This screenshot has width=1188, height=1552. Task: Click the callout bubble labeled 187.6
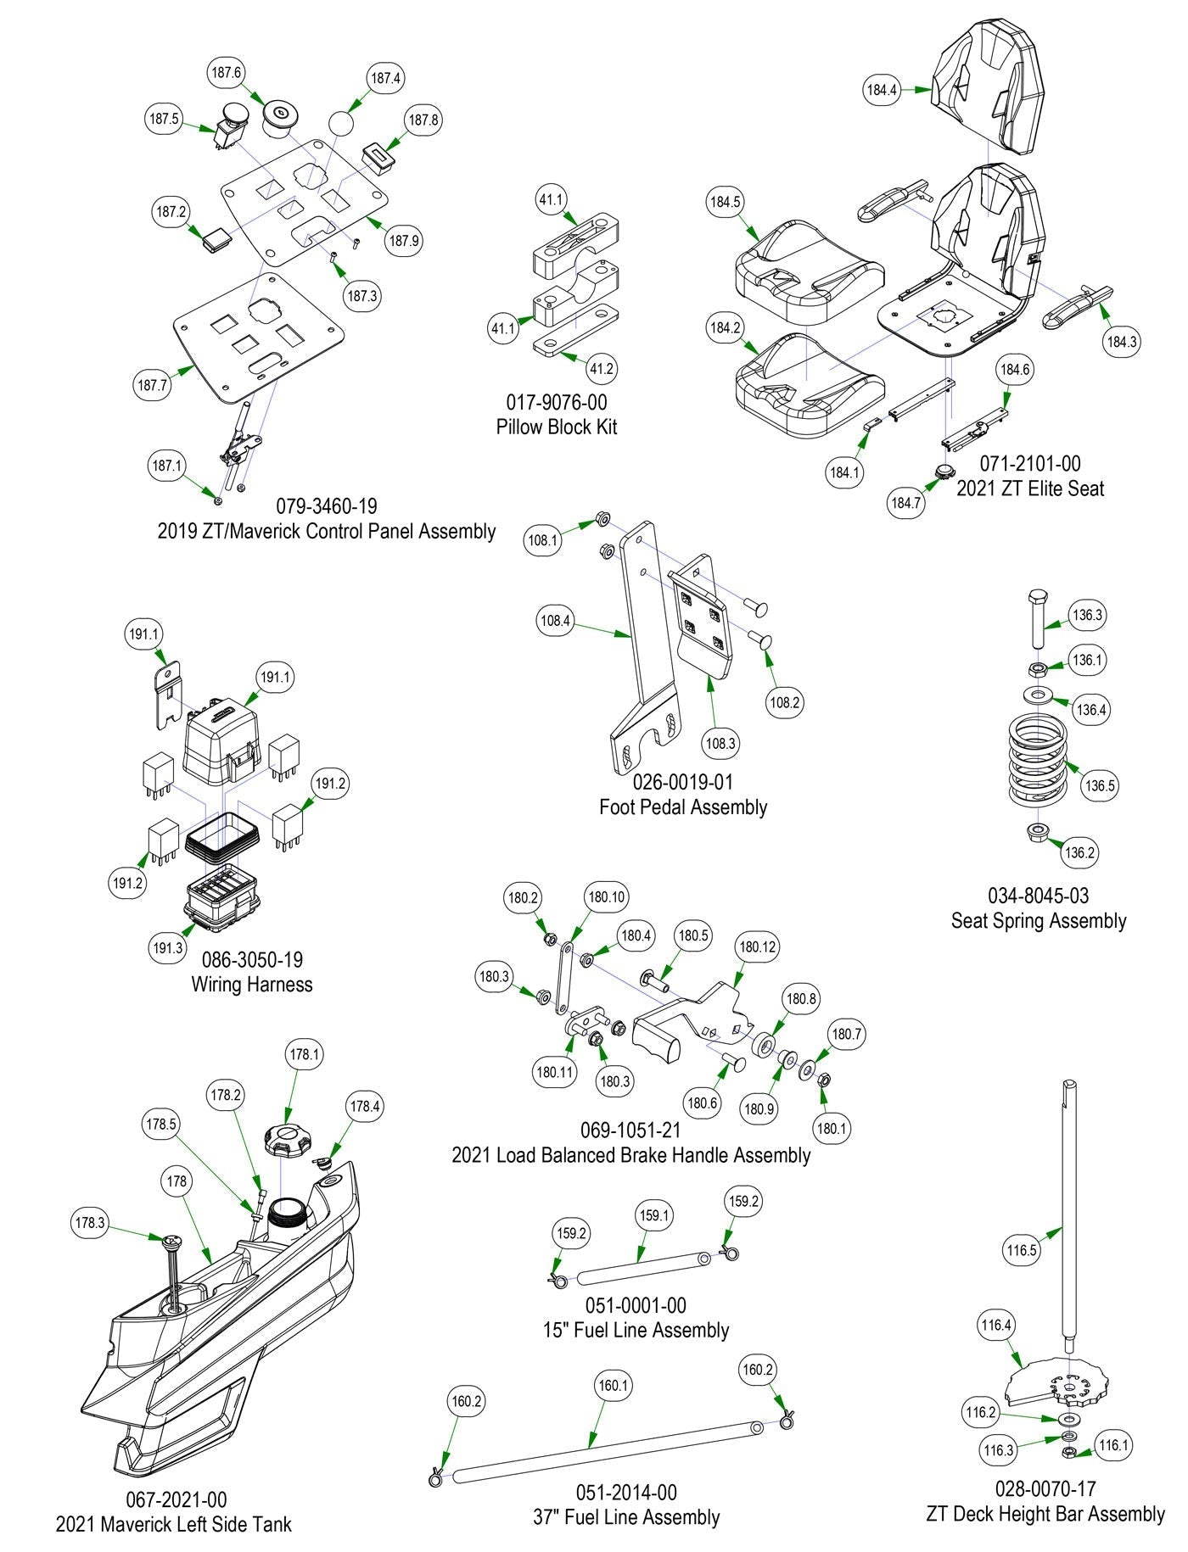coord(227,73)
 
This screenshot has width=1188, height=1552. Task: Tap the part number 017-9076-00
coord(557,402)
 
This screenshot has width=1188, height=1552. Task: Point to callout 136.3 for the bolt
coord(1087,615)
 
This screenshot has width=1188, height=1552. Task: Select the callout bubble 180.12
coord(758,946)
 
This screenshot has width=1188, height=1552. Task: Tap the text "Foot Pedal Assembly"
coord(683,807)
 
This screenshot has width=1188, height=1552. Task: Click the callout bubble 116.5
coord(1022,1250)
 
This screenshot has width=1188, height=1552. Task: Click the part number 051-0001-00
coord(636,1306)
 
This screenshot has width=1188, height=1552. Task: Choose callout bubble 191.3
coord(167,947)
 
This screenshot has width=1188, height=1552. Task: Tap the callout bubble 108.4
coord(555,621)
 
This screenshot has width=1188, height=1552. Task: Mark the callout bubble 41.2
coord(601,369)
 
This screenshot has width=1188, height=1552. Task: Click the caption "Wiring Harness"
coord(252,985)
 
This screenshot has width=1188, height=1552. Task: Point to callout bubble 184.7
coord(905,503)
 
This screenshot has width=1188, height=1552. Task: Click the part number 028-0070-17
coord(1045,1488)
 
